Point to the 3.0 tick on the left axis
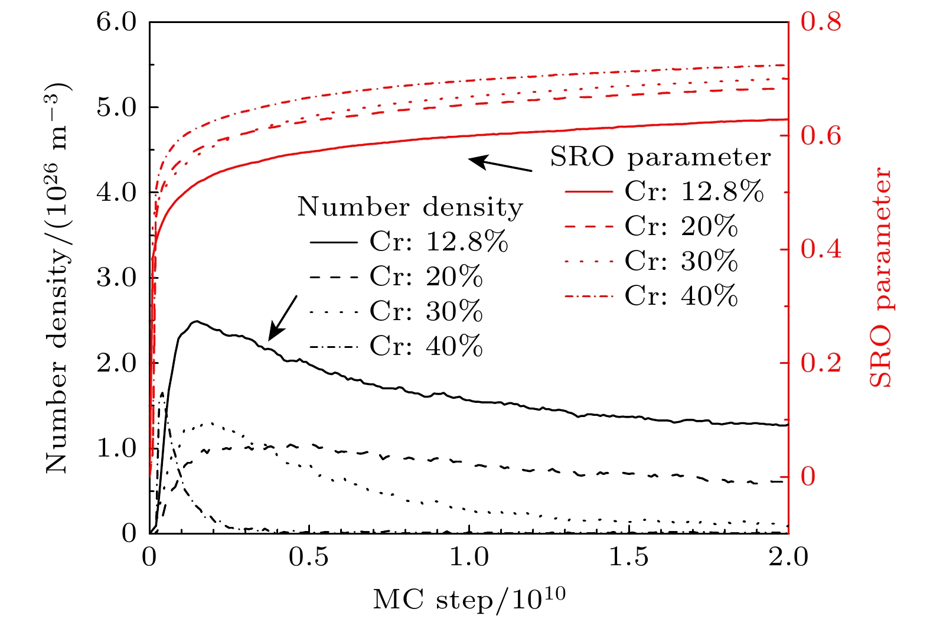(116, 278)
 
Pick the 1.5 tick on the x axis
(628, 556)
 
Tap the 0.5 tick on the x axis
(309, 556)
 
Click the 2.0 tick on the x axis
(788, 556)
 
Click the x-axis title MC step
(469, 599)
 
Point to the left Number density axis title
(58, 278)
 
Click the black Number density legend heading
(410, 207)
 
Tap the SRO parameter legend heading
(660, 157)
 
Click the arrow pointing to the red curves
(501, 164)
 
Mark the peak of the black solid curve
(197, 322)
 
